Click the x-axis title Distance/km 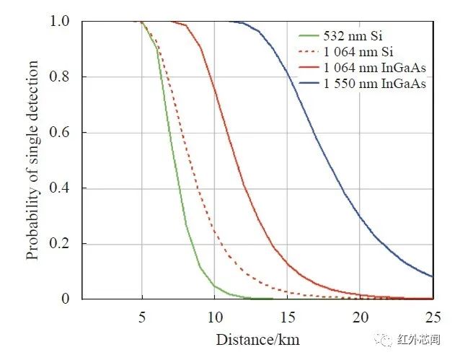point(257,338)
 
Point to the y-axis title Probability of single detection point(33,159)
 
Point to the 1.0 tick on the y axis point(61,22)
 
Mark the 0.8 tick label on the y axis point(61,77)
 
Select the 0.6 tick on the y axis point(61,133)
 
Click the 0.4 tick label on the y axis point(61,188)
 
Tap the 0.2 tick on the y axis point(61,244)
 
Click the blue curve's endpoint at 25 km point(433,276)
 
